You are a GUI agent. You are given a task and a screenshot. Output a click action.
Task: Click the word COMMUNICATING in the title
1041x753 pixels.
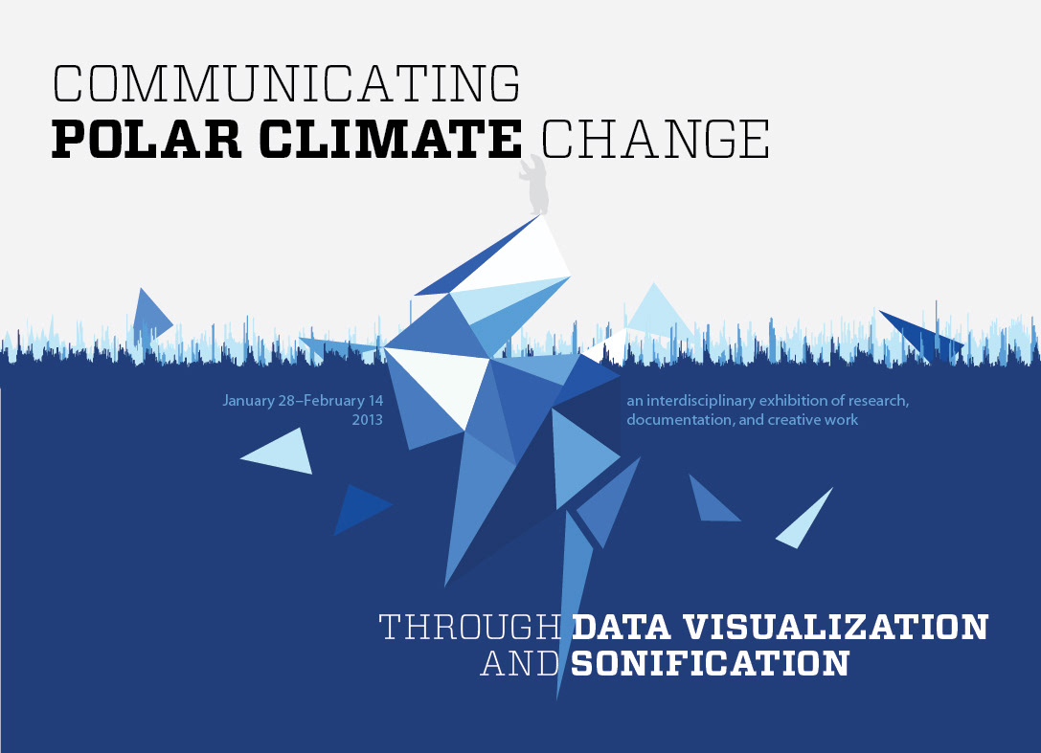point(286,83)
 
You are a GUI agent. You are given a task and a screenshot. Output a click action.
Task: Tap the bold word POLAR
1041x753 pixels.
point(147,140)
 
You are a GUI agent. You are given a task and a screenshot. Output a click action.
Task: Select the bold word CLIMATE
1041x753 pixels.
point(391,140)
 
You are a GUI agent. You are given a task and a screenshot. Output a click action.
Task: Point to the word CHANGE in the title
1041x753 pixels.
point(656,140)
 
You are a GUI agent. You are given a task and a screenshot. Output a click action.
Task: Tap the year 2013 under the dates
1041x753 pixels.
point(367,420)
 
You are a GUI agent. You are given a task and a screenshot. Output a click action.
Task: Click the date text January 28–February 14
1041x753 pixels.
point(303,401)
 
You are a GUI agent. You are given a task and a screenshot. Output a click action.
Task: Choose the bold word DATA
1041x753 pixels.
point(622,628)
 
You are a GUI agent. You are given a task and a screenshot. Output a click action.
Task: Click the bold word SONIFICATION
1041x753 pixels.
point(711,663)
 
